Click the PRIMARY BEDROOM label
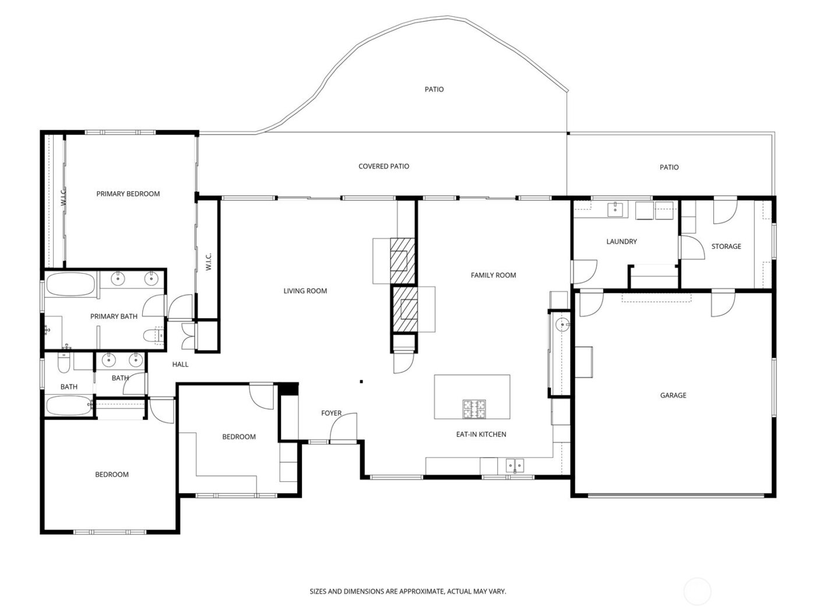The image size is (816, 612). (128, 194)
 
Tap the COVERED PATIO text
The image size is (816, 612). (384, 166)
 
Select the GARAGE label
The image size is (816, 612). (673, 395)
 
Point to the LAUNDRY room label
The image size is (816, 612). (621, 241)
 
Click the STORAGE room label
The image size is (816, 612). (726, 247)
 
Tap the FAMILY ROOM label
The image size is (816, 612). (493, 275)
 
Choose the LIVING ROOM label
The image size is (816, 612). (305, 291)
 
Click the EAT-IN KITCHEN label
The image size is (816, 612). (480, 434)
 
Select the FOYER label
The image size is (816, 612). (331, 413)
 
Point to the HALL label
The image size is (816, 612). (180, 364)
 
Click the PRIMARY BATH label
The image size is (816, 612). (114, 316)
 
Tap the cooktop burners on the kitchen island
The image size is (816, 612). (474, 409)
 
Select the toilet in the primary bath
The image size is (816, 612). (153, 335)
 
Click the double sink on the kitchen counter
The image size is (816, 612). (514, 465)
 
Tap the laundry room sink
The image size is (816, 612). (615, 209)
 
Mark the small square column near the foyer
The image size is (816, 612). (361, 382)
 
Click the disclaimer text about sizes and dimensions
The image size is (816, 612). (407, 591)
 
